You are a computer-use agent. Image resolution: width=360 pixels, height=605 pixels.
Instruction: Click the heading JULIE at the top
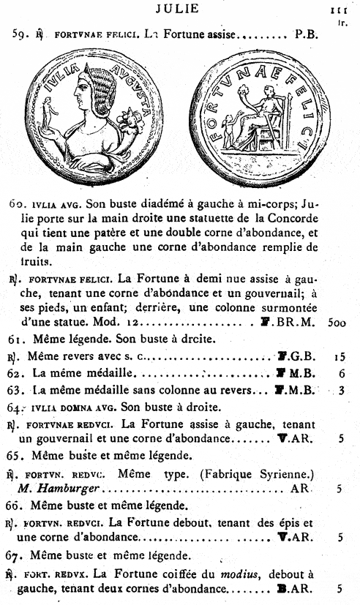179,7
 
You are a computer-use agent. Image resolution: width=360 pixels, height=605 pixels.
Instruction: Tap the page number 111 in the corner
338,10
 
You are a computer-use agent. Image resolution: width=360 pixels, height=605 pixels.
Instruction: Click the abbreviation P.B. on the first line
307,33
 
